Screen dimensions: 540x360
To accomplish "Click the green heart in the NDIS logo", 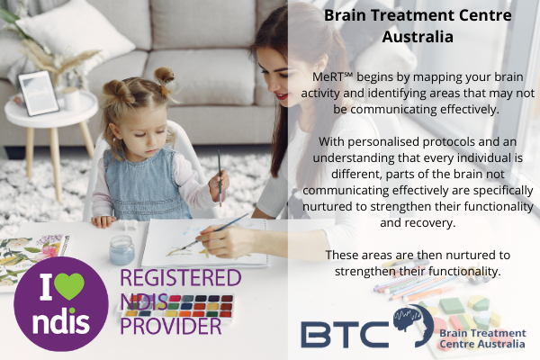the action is click(69, 286).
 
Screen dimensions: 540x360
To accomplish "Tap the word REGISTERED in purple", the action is click(181, 278).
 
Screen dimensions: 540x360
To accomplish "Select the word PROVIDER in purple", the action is click(170, 326).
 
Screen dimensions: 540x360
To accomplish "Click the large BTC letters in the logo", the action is click(346, 334).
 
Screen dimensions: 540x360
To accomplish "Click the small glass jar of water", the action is click(121, 250).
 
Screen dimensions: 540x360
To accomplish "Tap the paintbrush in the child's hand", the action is click(220, 178).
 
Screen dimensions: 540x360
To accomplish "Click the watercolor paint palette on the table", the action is click(177, 306).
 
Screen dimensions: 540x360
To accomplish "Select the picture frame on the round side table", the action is click(39, 93).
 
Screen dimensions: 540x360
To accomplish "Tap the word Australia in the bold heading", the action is click(418, 37).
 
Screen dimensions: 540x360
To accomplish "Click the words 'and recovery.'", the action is click(418, 223).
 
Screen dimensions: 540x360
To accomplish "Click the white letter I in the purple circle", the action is click(46, 286).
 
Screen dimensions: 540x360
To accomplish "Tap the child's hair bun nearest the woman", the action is click(164, 76).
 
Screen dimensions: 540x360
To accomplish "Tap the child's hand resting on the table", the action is click(103, 221).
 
